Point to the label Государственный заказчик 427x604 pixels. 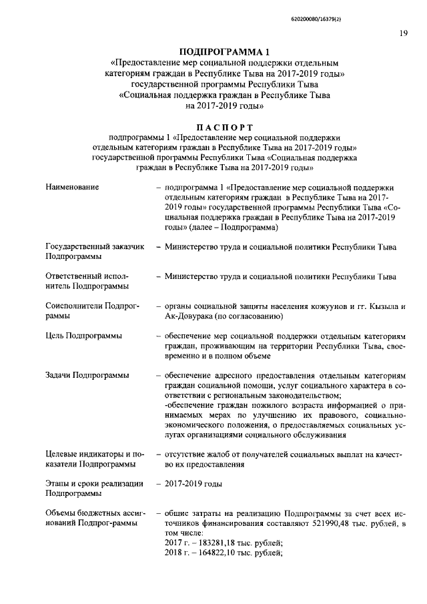coord(94,247)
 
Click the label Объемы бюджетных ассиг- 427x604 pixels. coord(95,514)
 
